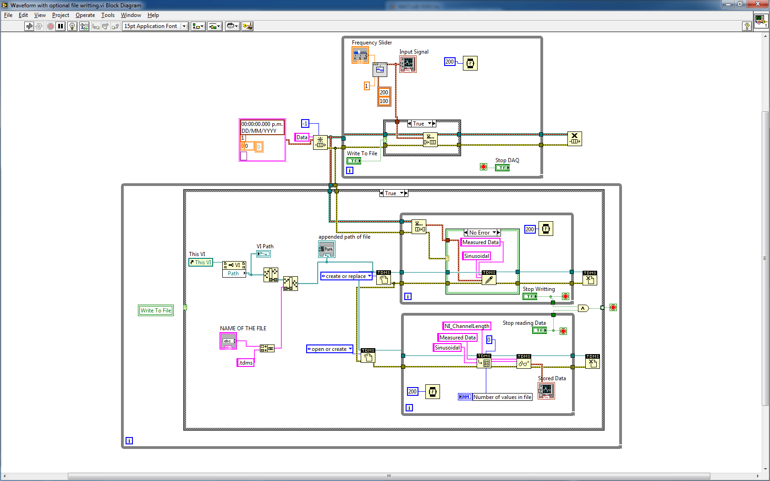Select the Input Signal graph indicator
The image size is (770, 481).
(407, 64)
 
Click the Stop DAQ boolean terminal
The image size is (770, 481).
(502, 168)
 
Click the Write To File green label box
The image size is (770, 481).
(156, 311)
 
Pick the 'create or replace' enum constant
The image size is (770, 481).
(346, 276)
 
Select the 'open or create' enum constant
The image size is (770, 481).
(330, 349)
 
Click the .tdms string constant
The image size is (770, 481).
(246, 363)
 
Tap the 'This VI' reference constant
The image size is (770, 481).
(201, 262)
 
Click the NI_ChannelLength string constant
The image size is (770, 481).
(467, 326)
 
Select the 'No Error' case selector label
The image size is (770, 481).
(479, 233)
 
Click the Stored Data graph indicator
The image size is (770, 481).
(546, 390)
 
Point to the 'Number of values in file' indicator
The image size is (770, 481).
(502, 397)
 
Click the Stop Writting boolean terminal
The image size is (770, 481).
(530, 296)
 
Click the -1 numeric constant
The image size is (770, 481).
(305, 124)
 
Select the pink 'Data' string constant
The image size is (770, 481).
(302, 137)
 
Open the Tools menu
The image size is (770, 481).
(108, 15)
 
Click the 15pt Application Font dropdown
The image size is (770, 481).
(155, 26)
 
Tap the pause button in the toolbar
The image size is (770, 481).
(60, 26)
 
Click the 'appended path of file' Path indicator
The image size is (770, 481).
(326, 249)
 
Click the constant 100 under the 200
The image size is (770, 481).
(384, 101)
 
